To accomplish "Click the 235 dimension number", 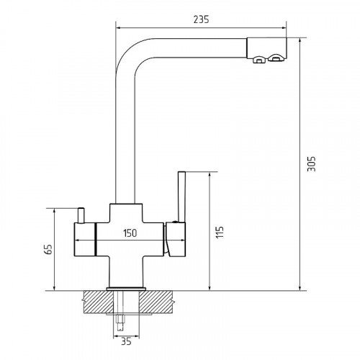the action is point(201,19).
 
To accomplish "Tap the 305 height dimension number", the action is point(312,164).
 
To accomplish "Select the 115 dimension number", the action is point(220,232).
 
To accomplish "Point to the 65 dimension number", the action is point(49,249).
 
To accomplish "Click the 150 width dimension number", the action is point(130,233).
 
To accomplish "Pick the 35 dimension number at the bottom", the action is point(126,341).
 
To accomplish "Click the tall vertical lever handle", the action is point(181,197).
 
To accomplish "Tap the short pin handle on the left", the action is point(81,215).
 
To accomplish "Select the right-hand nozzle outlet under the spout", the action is point(276,58).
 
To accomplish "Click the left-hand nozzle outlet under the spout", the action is point(259,59).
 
